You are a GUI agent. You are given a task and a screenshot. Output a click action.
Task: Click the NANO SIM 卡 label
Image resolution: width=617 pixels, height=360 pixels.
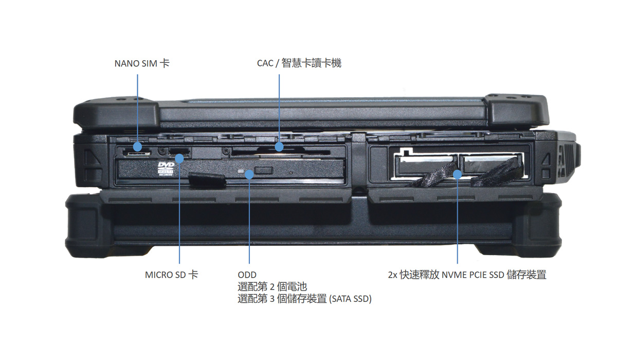click(141, 64)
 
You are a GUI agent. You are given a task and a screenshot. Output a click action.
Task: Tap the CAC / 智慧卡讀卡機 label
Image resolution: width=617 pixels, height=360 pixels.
click(299, 64)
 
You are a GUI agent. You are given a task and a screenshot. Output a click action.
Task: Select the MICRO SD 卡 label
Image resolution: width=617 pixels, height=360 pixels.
click(171, 275)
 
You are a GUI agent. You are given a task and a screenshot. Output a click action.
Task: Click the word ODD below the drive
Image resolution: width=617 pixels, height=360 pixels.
click(247, 275)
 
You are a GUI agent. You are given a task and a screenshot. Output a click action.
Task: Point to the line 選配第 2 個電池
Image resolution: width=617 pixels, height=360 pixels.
click(272, 287)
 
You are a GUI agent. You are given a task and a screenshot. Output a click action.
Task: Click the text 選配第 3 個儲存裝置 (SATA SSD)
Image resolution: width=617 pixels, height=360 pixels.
click(304, 299)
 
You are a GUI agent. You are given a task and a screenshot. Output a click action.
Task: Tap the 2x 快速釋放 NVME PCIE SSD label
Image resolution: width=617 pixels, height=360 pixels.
click(467, 275)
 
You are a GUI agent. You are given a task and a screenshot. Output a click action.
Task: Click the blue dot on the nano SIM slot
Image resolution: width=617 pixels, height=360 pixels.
click(137, 147)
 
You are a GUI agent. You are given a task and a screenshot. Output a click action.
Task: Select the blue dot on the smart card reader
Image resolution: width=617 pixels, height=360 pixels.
click(279, 147)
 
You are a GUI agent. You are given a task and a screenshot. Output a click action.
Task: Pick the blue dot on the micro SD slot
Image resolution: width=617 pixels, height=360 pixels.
click(179, 158)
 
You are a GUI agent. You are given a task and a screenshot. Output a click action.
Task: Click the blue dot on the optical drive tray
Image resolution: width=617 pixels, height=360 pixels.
click(249, 174)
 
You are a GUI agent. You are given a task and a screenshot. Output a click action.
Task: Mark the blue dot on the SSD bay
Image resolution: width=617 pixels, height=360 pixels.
click(458, 174)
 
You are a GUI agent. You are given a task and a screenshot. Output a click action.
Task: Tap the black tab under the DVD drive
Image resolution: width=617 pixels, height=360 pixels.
click(207, 180)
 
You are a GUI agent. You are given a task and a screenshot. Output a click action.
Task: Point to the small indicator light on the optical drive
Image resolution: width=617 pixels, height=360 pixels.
click(242, 169)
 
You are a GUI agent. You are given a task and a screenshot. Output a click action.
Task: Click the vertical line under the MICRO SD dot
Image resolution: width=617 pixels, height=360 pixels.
click(179, 216)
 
